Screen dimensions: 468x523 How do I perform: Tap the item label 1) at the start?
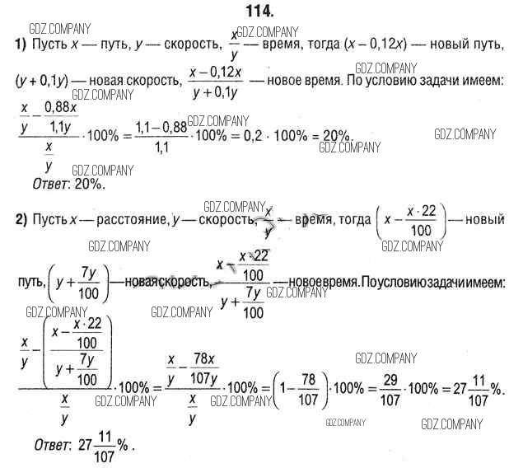point(21,43)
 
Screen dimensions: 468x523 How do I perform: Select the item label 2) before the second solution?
point(21,220)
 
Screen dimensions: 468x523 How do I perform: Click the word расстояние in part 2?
point(124,220)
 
